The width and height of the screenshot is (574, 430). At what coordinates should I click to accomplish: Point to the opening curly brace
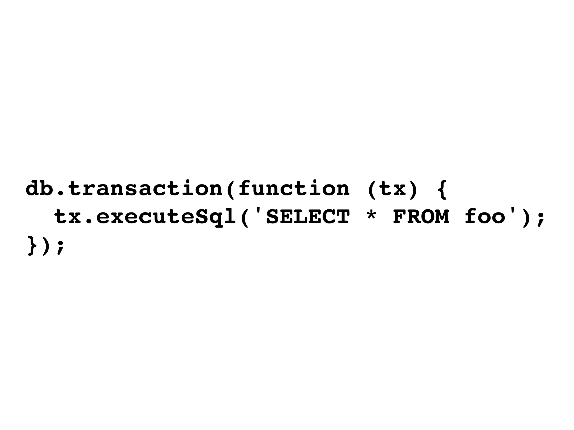[x=442, y=189]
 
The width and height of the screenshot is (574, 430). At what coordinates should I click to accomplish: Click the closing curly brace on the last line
[x=32, y=246]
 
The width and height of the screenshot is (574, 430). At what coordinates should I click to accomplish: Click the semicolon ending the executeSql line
[x=541, y=219]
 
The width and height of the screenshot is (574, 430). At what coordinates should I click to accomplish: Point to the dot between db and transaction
[x=61, y=193]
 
